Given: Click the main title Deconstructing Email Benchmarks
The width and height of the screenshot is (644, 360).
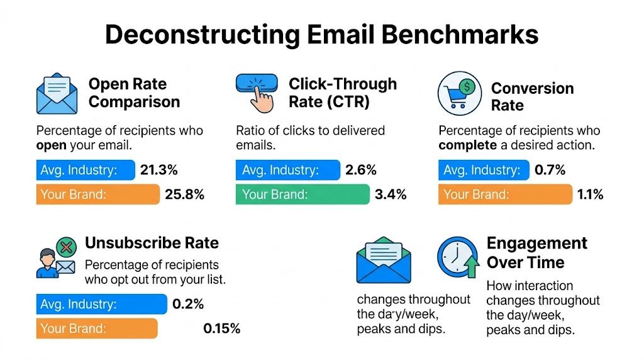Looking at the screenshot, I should [321, 35].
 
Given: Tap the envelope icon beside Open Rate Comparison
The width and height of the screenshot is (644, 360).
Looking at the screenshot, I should [56, 94].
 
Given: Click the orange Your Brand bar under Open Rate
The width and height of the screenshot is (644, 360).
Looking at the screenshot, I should [98, 194].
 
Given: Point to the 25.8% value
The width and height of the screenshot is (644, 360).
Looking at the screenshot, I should [184, 194].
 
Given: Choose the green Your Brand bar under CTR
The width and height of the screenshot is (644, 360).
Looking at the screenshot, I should [303, 194].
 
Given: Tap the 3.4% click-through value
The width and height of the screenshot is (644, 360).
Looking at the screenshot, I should [391, 194].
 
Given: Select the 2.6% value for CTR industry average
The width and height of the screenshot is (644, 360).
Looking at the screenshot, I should [361, 170].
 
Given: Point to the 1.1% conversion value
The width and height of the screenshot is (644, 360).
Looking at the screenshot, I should [590, 194].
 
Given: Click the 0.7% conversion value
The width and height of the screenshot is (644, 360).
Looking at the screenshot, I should [550, 170].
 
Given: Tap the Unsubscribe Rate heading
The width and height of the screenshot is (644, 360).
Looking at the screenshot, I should [152, 243].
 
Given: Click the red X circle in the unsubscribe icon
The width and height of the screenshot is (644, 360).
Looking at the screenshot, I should [65, 247].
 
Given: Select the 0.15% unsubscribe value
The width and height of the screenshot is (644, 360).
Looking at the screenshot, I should [221, 328].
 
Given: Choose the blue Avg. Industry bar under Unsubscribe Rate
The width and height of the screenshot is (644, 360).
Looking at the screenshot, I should [102, 304].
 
